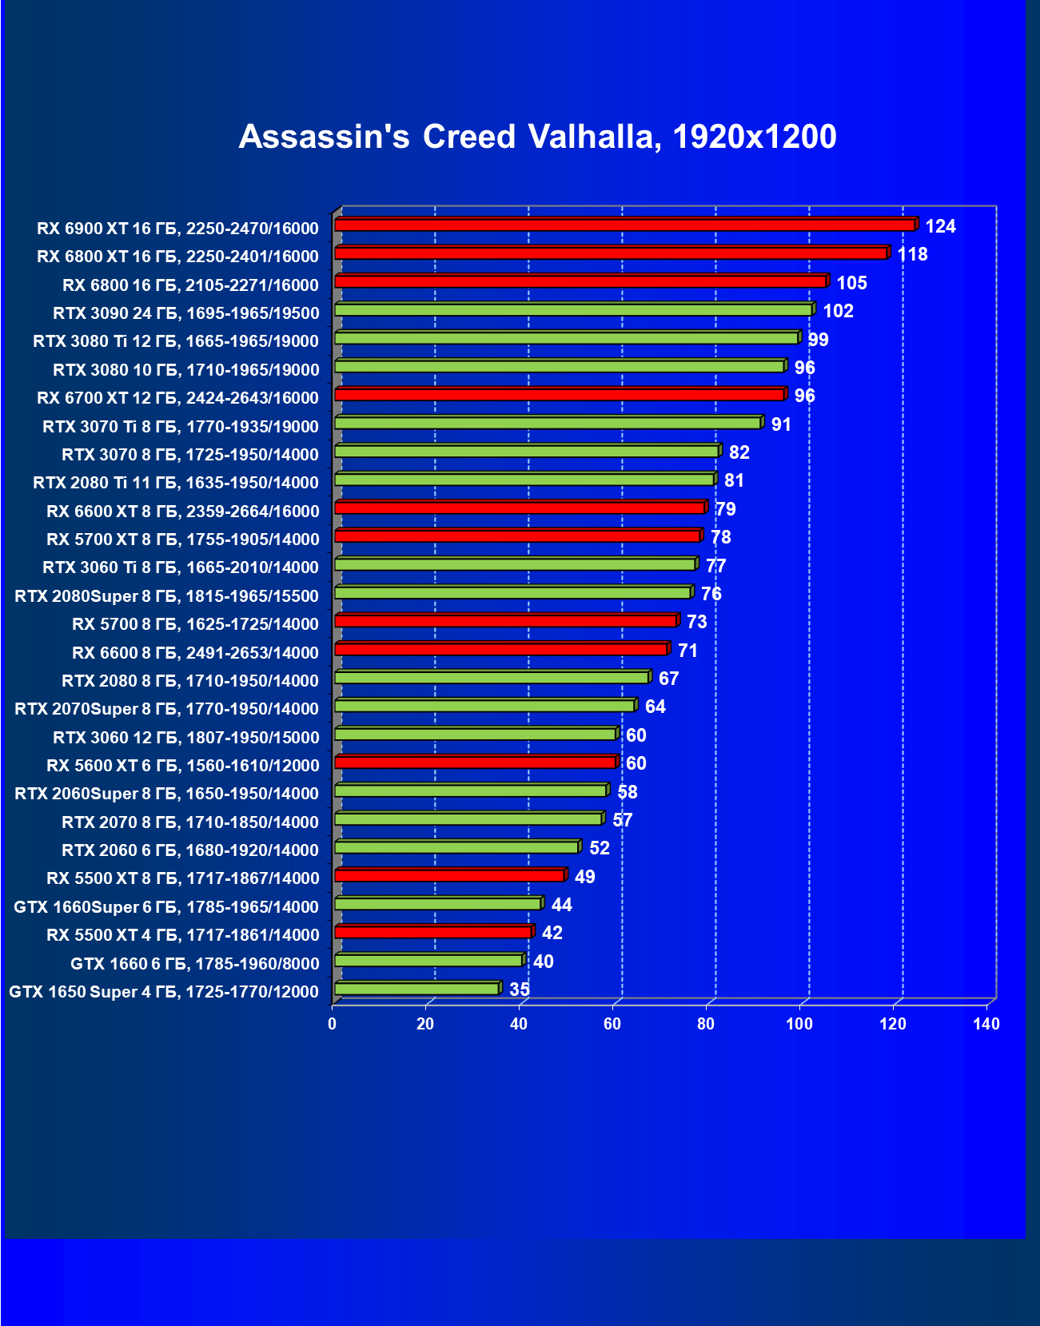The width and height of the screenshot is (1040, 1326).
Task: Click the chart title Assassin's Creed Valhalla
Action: [x=537, y=137]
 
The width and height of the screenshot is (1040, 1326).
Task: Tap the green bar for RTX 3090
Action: [x=572, y=310]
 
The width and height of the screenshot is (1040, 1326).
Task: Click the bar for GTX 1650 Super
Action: [x=416, y=990]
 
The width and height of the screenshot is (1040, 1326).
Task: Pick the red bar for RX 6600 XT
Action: [x=519, y=508]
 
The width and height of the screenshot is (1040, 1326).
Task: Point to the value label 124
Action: [x=940, y=227]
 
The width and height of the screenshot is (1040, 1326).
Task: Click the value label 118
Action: [x=912, y=255]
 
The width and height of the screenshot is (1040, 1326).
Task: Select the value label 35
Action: [x=520, y=990]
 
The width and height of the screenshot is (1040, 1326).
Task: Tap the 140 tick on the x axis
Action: [x=986, y=1025]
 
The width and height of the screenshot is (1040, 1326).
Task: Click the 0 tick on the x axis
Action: [x=333, y=1025]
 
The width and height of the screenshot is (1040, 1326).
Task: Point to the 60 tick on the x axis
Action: [x=612, y=1025]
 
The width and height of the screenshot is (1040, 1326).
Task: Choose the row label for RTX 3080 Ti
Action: [x=176, y=341]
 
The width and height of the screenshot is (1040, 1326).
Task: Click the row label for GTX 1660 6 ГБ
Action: [x=194, y=964]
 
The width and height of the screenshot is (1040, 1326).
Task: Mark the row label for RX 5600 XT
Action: [x=182, y=766]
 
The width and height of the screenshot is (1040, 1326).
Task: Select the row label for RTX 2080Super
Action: [x=166, y=596]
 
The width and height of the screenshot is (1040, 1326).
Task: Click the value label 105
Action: [x=851, y=284]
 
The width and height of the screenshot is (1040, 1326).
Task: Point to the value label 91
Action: [x=781, y=425]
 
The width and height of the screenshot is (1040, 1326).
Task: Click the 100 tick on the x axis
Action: [x=799, y=1025]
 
